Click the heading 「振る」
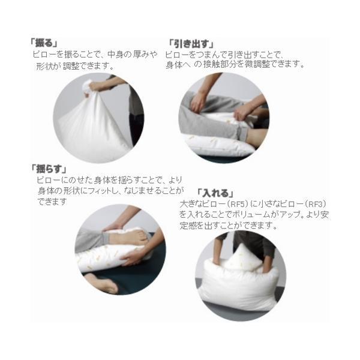point(44,43)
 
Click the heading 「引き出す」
point(191,44)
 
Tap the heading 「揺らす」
point(49,169)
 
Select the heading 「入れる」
point(215,193)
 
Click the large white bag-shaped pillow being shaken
point(92,128)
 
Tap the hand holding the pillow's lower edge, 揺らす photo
point(133,257)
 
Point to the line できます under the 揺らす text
point(52,202)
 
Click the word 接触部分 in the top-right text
point(220,64)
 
